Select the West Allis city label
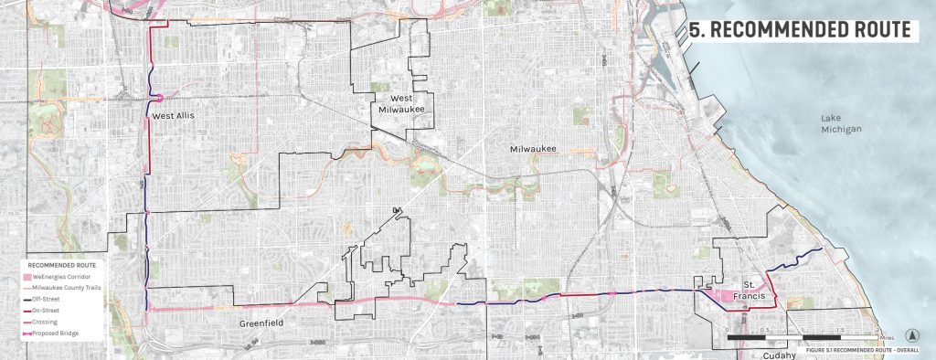point(174,116)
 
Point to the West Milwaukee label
point(403,103)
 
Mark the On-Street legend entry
point(47,312)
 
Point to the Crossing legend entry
point(45,323)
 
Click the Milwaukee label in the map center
point(533,148)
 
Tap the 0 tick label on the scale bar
point(728,329)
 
